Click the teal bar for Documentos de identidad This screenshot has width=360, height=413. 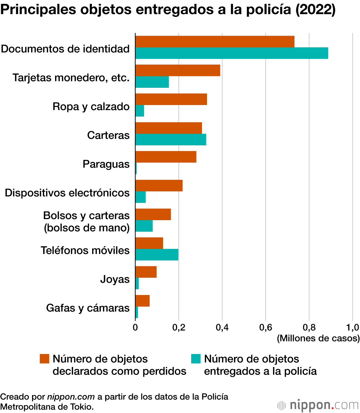[231, 53]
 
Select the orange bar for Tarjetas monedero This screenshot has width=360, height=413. [177, 70]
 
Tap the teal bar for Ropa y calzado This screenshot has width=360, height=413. [140, 111]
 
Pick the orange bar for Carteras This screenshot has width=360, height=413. [169, 128]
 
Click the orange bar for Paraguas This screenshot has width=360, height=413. [166, 157]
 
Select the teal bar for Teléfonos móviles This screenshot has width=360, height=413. [157, 255]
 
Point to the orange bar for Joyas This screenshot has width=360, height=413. [146, 272]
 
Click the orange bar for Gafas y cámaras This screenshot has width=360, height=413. [143, 301]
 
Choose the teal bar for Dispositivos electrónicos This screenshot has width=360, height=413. [140, 197]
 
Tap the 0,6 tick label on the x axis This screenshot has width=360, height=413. [266, 327]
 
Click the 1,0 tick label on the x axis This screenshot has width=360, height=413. [353, 327]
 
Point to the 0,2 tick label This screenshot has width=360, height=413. [179, 327]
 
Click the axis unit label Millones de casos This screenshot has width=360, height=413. [318, 338]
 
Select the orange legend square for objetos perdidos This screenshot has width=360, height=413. [45, 359]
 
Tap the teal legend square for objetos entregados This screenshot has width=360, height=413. [196, 359]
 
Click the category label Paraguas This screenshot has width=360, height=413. [106, 164]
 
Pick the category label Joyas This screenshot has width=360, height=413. [115, 279]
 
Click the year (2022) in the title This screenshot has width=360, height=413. [315, 9]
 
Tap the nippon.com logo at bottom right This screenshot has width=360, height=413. [318, 405]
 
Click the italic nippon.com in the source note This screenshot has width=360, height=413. [71, 397]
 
